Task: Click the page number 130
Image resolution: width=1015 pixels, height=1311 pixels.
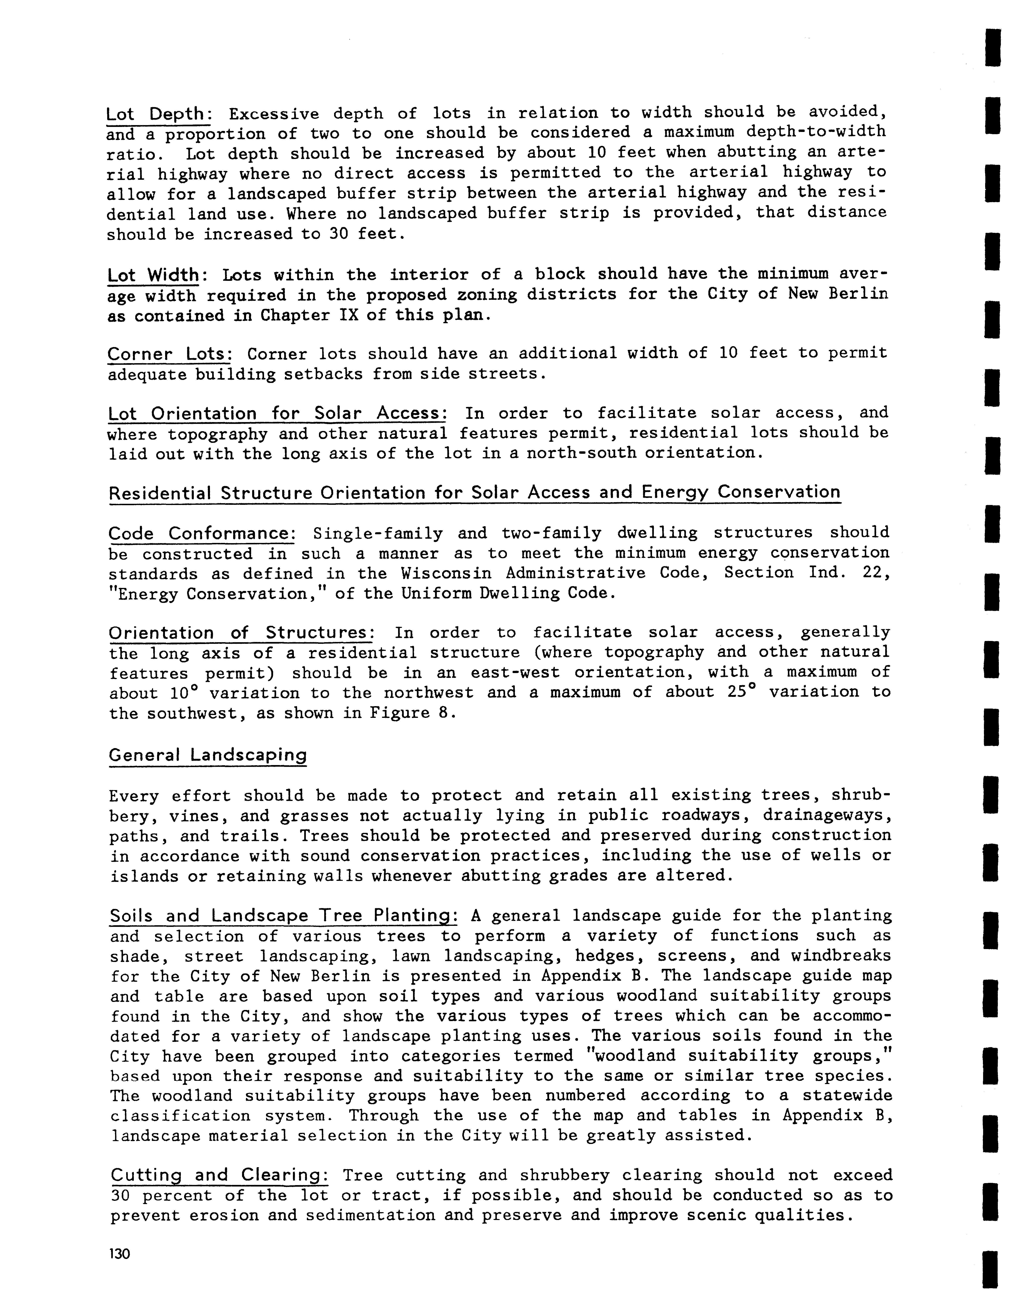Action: point(120,1255)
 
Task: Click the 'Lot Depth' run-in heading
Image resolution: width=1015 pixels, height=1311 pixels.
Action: point(157,114)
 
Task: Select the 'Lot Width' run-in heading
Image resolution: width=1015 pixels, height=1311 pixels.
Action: point(153,276)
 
